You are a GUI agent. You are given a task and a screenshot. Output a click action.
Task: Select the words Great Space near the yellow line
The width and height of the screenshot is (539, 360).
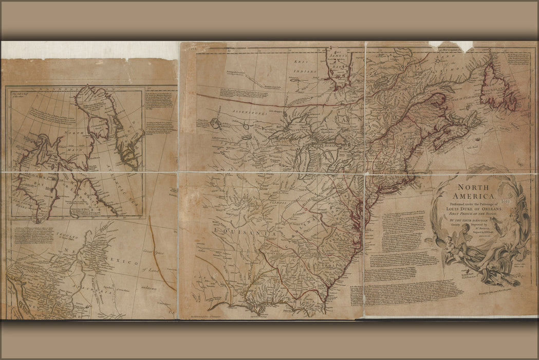click(156, 253)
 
